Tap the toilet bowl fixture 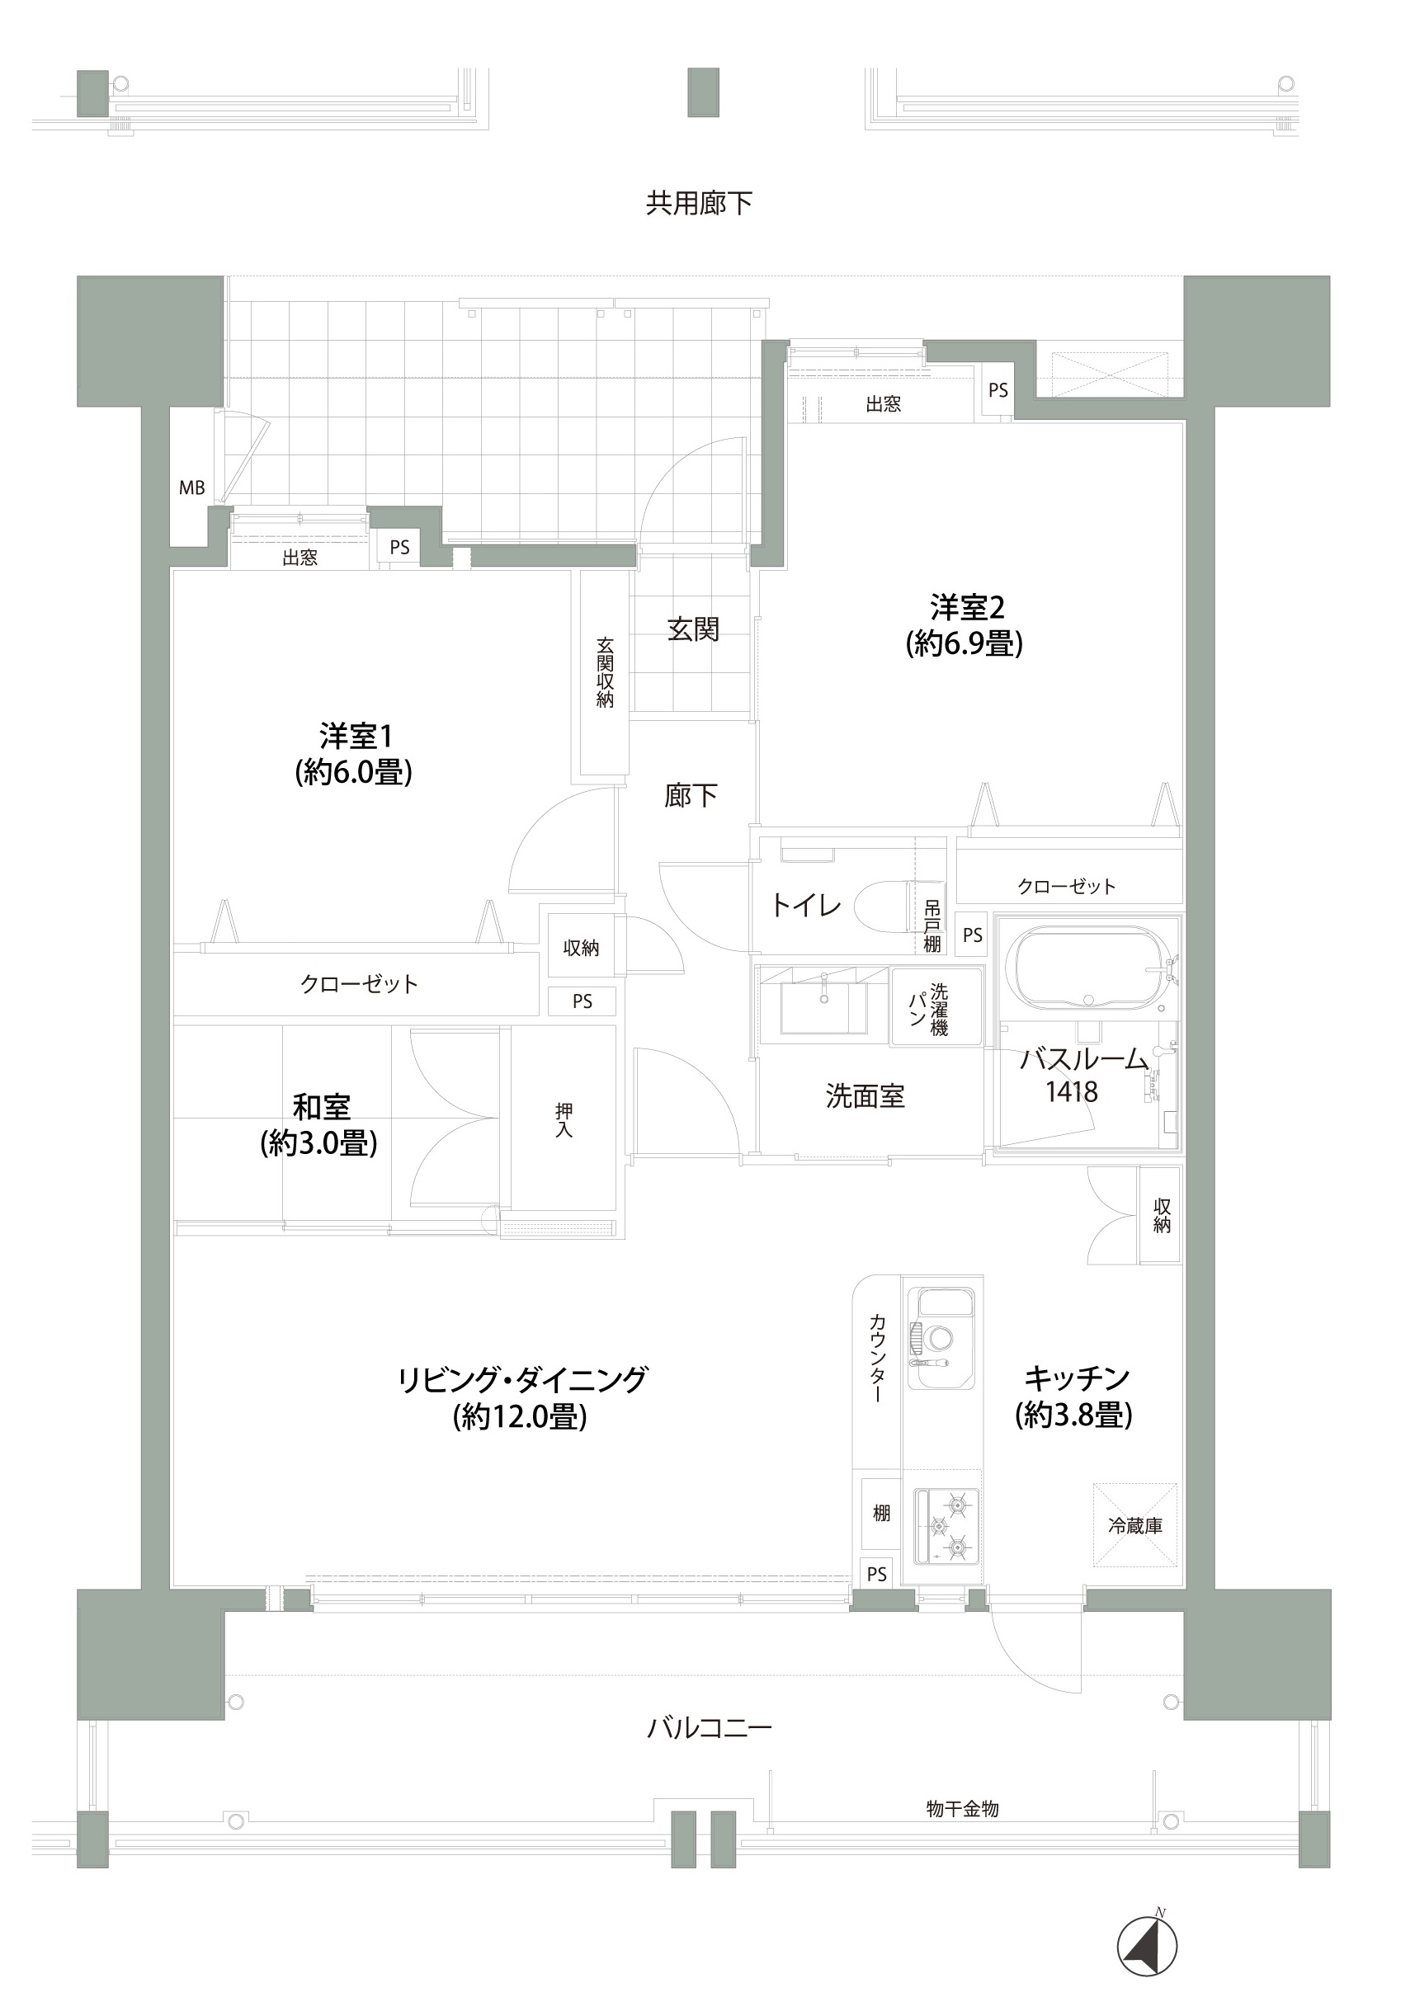pos(883,905)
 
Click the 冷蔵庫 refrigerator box pos(1134,1526)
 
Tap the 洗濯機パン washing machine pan pos(936,1006)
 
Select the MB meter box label pos(191,488)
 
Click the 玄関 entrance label pos(693,629)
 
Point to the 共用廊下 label pos(699,204)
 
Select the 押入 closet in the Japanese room pos(564,1120)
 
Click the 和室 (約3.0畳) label pos(321,1107)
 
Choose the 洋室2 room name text pos(966,607)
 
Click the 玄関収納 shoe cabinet pos(604,672)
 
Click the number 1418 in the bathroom pos(1071,1092)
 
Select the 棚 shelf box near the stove pos(881,1513)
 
